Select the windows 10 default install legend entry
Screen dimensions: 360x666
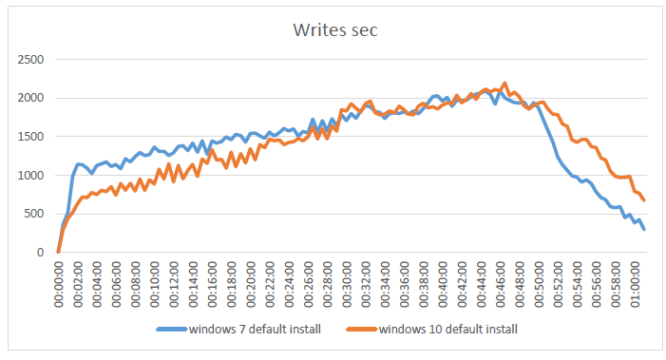pyautogui.click(x=446, y=330)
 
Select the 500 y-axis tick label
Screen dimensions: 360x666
pyautogui.click(x=33, y=214)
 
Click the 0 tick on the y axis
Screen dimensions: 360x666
pyautogui.click(x=39, y=253)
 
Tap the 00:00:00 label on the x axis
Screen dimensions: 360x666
pyautogui.click(x=58, y=284)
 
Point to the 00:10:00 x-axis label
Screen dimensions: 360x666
pyautogui.click(x=155, y=284)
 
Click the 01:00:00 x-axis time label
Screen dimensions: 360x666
pyautogui.click(x=634, y=284)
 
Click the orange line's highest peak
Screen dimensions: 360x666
pyautogui.click(x=504, y=84)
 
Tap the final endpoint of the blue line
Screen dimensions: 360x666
pyautogui.click(x=644, y=229)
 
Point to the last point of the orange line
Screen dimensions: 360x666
pyautogui.click(x=644, y=200)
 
